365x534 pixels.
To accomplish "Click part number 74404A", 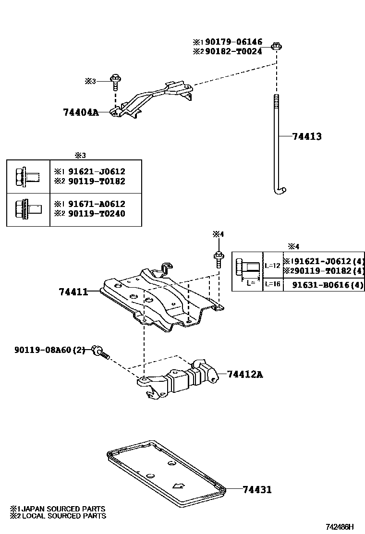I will tap(80, 112).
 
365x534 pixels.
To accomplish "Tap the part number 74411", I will tap(73, 291).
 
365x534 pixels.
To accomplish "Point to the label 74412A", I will tap(244, 374).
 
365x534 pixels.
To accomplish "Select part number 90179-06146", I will tap(232, 42).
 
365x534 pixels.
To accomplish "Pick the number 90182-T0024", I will tap(232, 51).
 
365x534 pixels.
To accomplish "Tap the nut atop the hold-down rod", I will tap(276, 46).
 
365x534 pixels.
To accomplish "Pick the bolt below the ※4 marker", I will tap(218, 258).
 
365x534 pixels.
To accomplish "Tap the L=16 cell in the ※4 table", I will tap(272, 285).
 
